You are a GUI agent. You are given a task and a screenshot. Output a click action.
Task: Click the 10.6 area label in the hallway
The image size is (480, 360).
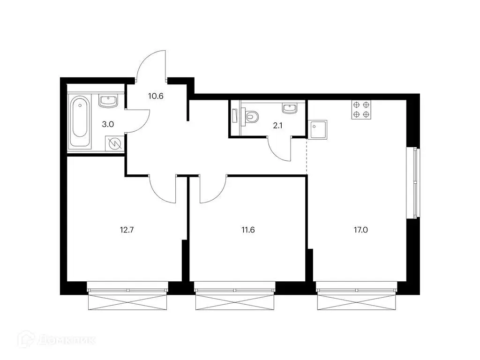[156, 96]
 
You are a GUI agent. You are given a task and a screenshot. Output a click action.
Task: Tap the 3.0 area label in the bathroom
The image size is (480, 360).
[108, 124]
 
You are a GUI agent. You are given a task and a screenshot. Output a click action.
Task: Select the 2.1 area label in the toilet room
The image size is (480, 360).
[277, 126]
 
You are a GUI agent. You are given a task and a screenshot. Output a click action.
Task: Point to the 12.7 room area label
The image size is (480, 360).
[127, 230]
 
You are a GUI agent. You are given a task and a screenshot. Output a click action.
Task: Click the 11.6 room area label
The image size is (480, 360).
[248, 230]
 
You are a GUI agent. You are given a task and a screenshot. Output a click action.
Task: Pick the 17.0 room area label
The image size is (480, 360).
[361, 230]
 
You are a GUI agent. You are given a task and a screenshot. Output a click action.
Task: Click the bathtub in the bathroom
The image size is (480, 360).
[80, 121]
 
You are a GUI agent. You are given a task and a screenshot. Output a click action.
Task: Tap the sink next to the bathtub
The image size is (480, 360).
[108, 101]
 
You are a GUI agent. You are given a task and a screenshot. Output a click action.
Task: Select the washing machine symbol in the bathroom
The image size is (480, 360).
[115, 143]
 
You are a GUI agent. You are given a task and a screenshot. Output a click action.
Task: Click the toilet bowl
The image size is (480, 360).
[252, 117]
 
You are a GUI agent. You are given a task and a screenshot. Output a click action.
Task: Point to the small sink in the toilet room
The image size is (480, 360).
[290, 108]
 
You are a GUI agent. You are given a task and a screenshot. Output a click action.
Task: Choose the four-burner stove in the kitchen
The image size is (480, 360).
[361, 110]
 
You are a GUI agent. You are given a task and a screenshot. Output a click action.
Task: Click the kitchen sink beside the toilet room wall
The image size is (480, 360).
[318, 130]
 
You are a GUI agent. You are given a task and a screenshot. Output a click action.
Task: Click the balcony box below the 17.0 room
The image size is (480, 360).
[356, 302]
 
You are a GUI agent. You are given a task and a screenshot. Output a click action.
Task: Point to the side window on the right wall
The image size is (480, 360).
[413, 183]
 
